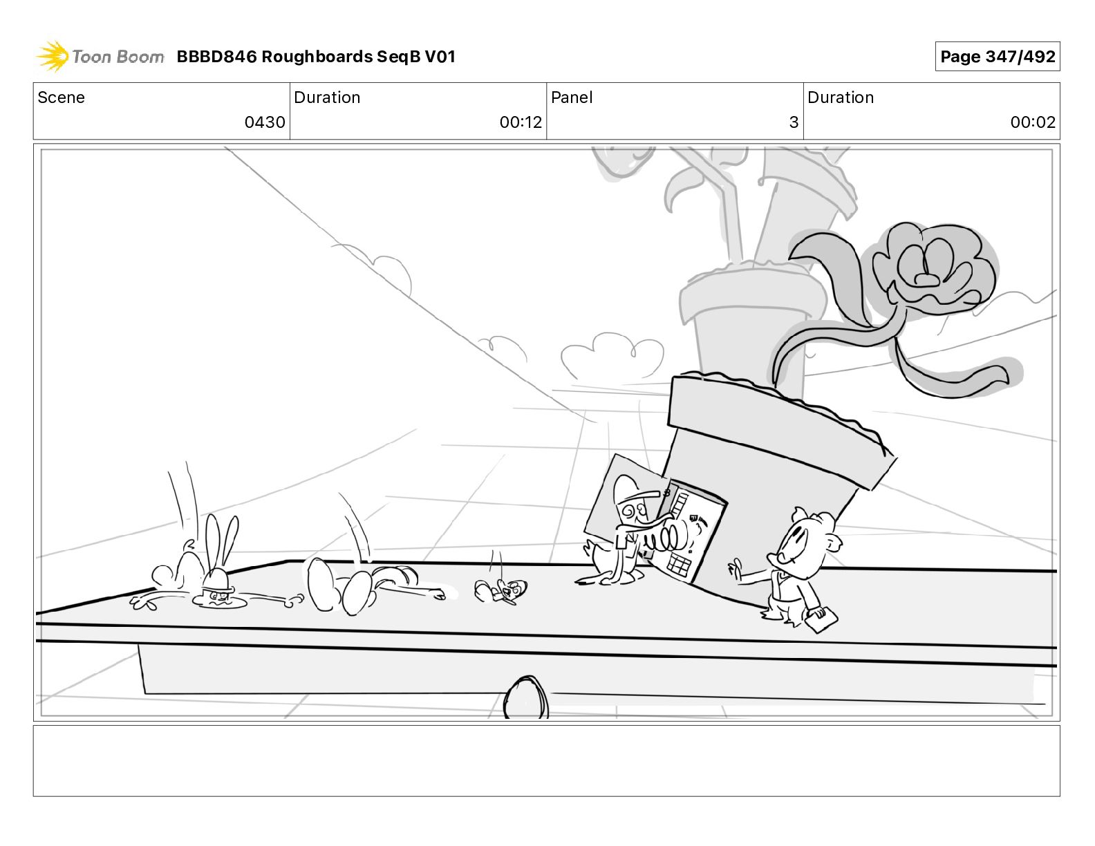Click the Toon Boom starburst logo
[x=53, y=57]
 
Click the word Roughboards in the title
[x=317, y=57]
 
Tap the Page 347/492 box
[x=998, y=57]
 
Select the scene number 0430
[x=265, y=122]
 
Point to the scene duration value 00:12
[x=521, y=122]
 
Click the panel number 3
[x=794, y=122]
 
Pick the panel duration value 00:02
[x=1033, y=122]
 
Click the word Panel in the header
[x=572, y=97]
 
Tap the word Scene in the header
[x=61, y=97]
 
